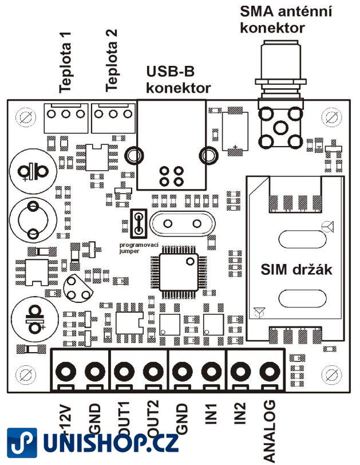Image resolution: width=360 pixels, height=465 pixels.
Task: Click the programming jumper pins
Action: click(x=138, y=224)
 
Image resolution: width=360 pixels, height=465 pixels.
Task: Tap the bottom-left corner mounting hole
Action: click(x=25, y=376)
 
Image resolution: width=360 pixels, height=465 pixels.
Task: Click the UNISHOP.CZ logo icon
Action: click(x=22, y=444)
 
